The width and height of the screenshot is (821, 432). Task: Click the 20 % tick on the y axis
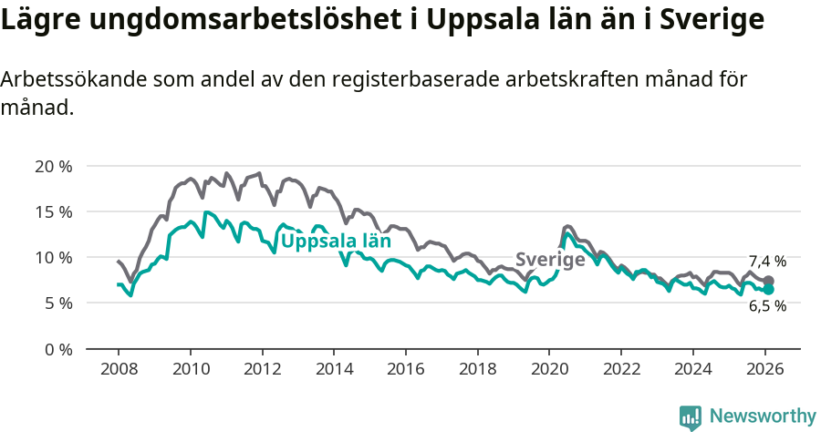point(54,166)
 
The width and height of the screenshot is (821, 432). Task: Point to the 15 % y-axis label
point(54,211)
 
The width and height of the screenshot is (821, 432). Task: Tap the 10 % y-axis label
point(54,257)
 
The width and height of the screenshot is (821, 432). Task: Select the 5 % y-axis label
point(57,303)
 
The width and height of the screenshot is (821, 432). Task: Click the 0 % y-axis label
point(57,348)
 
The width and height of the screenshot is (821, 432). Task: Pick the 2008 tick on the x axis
point(119,369)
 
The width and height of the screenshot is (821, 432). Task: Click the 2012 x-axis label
point(262,369)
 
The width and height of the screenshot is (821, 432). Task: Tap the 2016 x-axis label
point(406,369)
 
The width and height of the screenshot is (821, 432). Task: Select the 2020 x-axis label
point(549,369)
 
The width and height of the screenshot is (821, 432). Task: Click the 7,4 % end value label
point(767,262)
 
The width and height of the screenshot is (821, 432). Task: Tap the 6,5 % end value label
point(767,306)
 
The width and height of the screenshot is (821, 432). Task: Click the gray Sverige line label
point(550,260)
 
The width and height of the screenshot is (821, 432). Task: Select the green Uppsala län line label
point(335,242)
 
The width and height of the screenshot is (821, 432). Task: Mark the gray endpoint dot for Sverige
point(768,281)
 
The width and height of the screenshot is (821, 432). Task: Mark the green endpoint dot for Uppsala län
point(768,289)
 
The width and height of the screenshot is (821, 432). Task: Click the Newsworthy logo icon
point(691,417)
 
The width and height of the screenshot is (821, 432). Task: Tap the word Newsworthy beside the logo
point(762,417)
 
